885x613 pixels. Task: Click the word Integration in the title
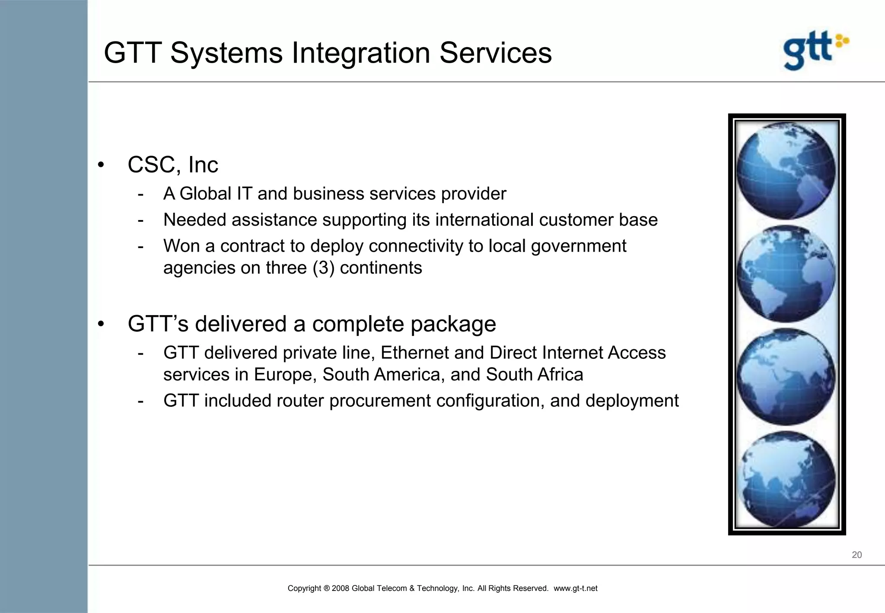click(361, 53)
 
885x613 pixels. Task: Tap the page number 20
click(856, 555)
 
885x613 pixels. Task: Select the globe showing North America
click(786, 171)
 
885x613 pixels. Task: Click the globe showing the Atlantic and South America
click(786, 274)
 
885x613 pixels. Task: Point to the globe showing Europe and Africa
click(786, 377)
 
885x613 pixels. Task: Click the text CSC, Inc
click(173, 165)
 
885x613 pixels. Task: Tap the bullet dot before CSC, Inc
click(101, 165)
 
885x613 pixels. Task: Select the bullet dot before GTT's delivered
click(101, 324)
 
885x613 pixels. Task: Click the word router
click(300, 401)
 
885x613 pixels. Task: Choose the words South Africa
click(534, 375)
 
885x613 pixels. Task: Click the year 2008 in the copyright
click(341, 588)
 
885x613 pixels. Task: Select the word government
click(578, 246)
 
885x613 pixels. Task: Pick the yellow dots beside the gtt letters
click(842, 41)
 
